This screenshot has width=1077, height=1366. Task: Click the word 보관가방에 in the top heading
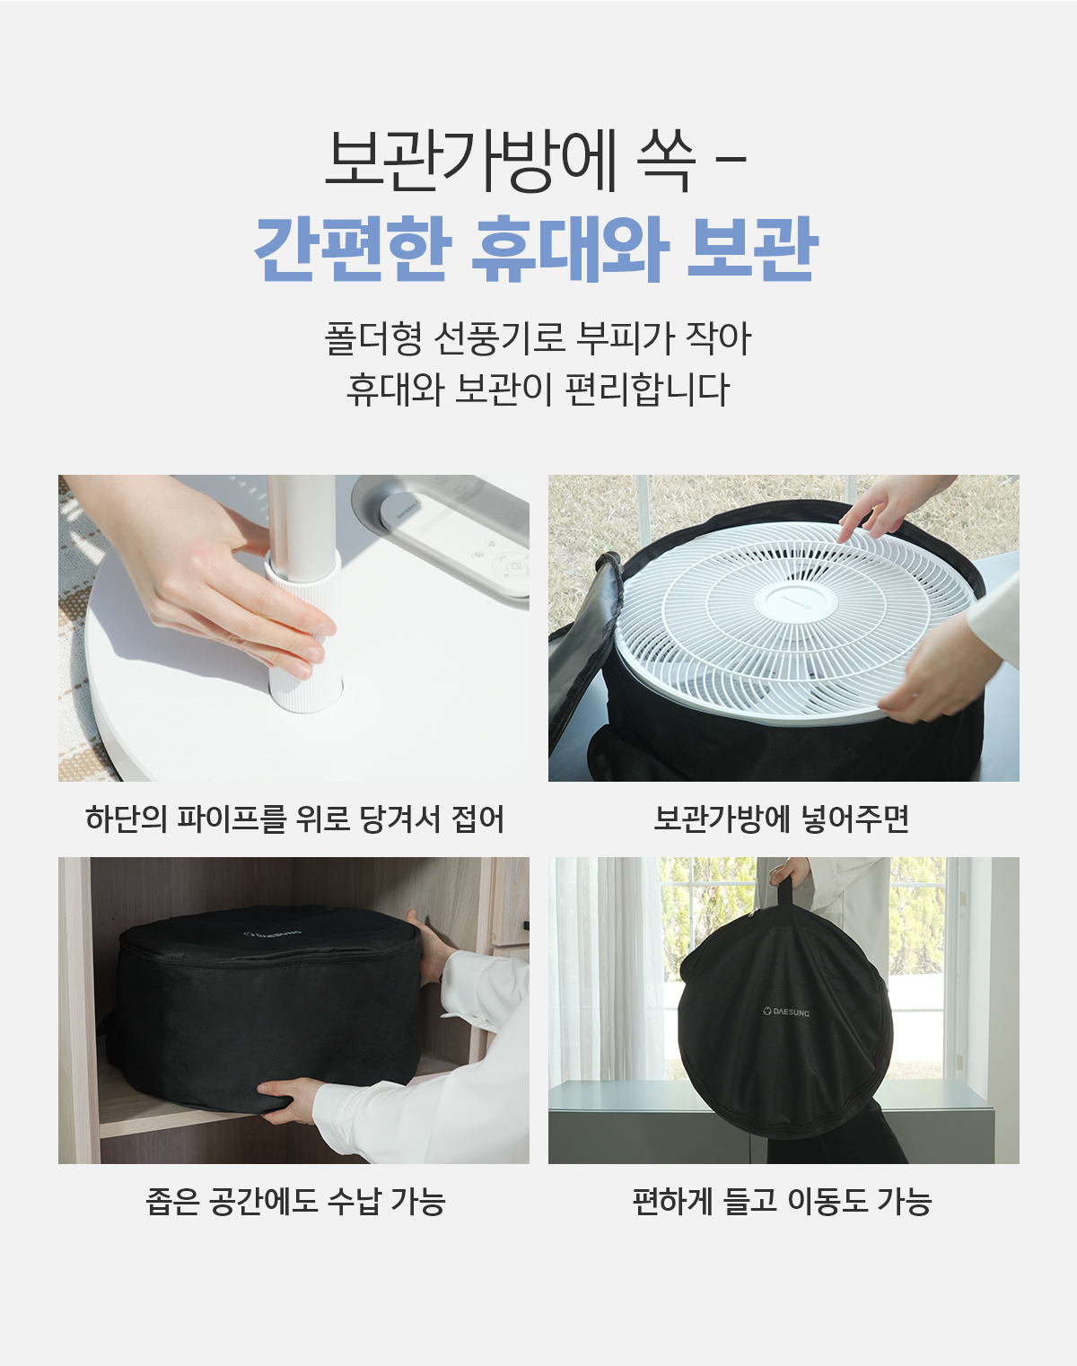point(470,162)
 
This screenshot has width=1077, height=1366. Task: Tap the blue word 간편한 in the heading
point(353,249)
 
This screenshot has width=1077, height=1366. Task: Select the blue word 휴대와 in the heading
point(569,249)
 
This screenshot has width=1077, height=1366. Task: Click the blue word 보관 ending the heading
point(753,249)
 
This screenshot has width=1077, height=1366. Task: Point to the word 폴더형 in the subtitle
point(372,338)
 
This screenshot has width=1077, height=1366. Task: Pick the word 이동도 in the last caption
point(827,1201)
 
